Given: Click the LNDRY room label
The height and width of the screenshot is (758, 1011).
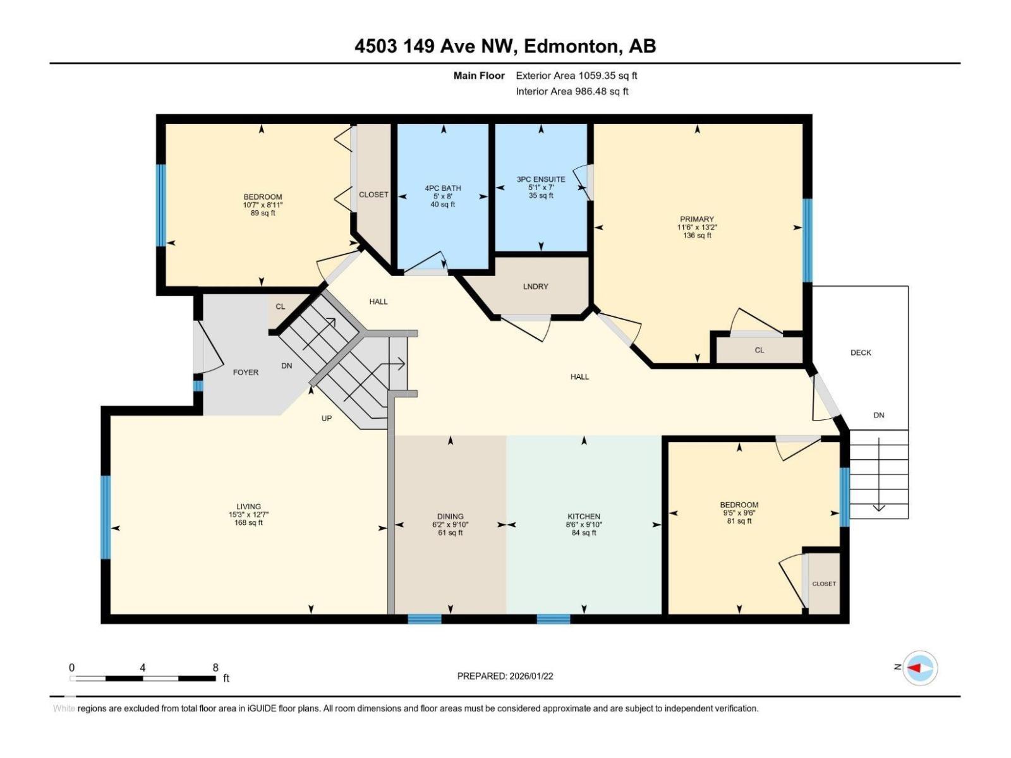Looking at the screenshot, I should point(535,286).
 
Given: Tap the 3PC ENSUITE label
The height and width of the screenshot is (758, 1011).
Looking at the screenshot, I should point(541,179).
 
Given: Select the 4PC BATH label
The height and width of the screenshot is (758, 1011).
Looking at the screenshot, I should point(442,188).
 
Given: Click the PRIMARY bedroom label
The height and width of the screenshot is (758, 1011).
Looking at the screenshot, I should point(697,219).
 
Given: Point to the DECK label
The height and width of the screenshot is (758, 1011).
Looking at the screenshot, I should point(861,352).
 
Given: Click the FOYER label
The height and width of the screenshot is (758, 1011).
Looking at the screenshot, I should point(246,372).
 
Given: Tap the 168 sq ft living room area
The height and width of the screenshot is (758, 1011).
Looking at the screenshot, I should point(248,522).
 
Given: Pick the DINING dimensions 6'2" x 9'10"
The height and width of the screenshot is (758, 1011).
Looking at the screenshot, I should point(450,524).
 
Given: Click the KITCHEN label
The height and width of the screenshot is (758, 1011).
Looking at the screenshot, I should point(583,516).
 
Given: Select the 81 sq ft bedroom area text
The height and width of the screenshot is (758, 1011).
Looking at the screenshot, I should point(739,521).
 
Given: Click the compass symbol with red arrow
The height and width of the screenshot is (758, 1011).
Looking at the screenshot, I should point(920,668).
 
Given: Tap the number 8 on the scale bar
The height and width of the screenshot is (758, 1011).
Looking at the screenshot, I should point(215,668).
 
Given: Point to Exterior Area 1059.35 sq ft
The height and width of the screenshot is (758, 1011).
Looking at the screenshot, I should point(576,76).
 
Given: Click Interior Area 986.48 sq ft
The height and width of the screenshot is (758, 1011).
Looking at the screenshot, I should point(572,92).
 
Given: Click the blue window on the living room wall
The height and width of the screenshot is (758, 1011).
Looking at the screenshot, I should point(106,517).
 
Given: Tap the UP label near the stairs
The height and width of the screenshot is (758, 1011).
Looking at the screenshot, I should point(326,418).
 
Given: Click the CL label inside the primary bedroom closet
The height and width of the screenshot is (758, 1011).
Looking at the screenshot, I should point(759,350).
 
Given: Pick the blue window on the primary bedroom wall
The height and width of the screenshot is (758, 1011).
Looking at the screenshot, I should point(807,240).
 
